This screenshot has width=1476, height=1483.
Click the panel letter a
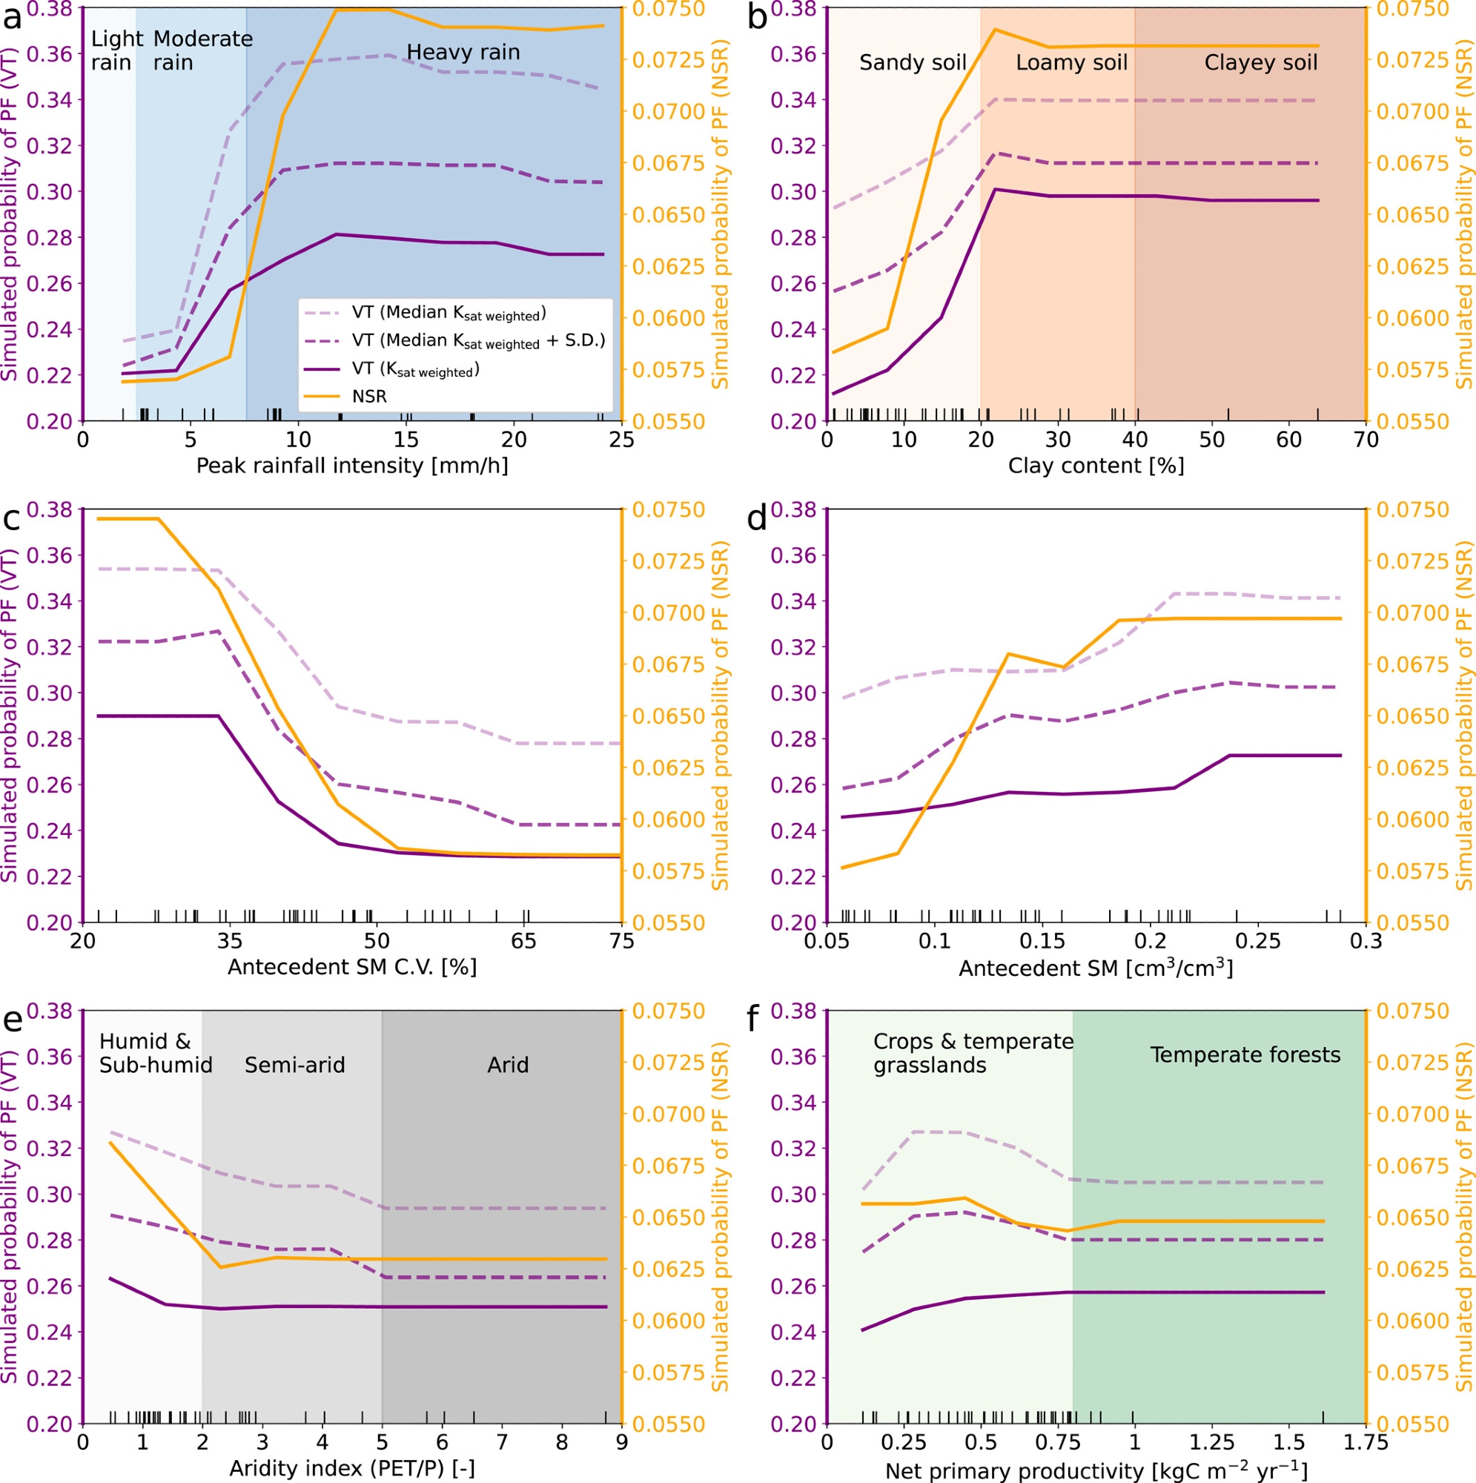pyautogui.click(x=13, y=17)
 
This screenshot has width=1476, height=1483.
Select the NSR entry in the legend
pyautogui.click(x=369, y=396)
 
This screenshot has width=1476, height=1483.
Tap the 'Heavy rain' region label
pyautogui.click(x=463, y=52)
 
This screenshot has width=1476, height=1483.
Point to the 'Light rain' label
pyautogui.click(x=116, y=50)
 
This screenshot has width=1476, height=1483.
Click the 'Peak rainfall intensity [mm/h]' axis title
pyautogui.click(x=351, y=465)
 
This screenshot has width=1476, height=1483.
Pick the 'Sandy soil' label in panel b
pyautogui.click(x=912, y=62)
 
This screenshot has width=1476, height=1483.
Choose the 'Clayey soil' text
pyautogui.click(x=1260, y=62)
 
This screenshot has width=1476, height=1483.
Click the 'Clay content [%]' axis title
pyautogui.click(x=1095, y=465)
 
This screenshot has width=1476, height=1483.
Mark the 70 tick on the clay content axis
pyautogui.click(x=1366, y=440)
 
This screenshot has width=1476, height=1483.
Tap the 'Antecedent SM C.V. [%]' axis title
pyautogui.click(x=351, y=966)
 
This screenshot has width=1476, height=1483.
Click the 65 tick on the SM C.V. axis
pyautogui.click(x=525, y=942)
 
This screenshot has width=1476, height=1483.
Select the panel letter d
pyautogui.click(x=757, y=520)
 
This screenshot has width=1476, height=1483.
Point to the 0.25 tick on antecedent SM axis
pyautogui.click(x=1258, y=942)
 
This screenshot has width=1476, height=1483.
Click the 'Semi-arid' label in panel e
pyautogui.click(x=295, y=1065)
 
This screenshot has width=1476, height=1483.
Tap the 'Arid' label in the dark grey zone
pyautogui.click(x=507, y=1065)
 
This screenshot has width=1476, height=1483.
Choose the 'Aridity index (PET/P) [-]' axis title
pyautogui.click(x=351, y=1467)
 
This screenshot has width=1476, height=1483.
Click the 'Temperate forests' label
pyautogui.click(x=1245, y=1054)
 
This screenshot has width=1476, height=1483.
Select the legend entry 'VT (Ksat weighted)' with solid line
pyautogui.click(x=415, y=369)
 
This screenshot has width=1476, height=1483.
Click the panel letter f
pyautogui.click(x=757, y=1021)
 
